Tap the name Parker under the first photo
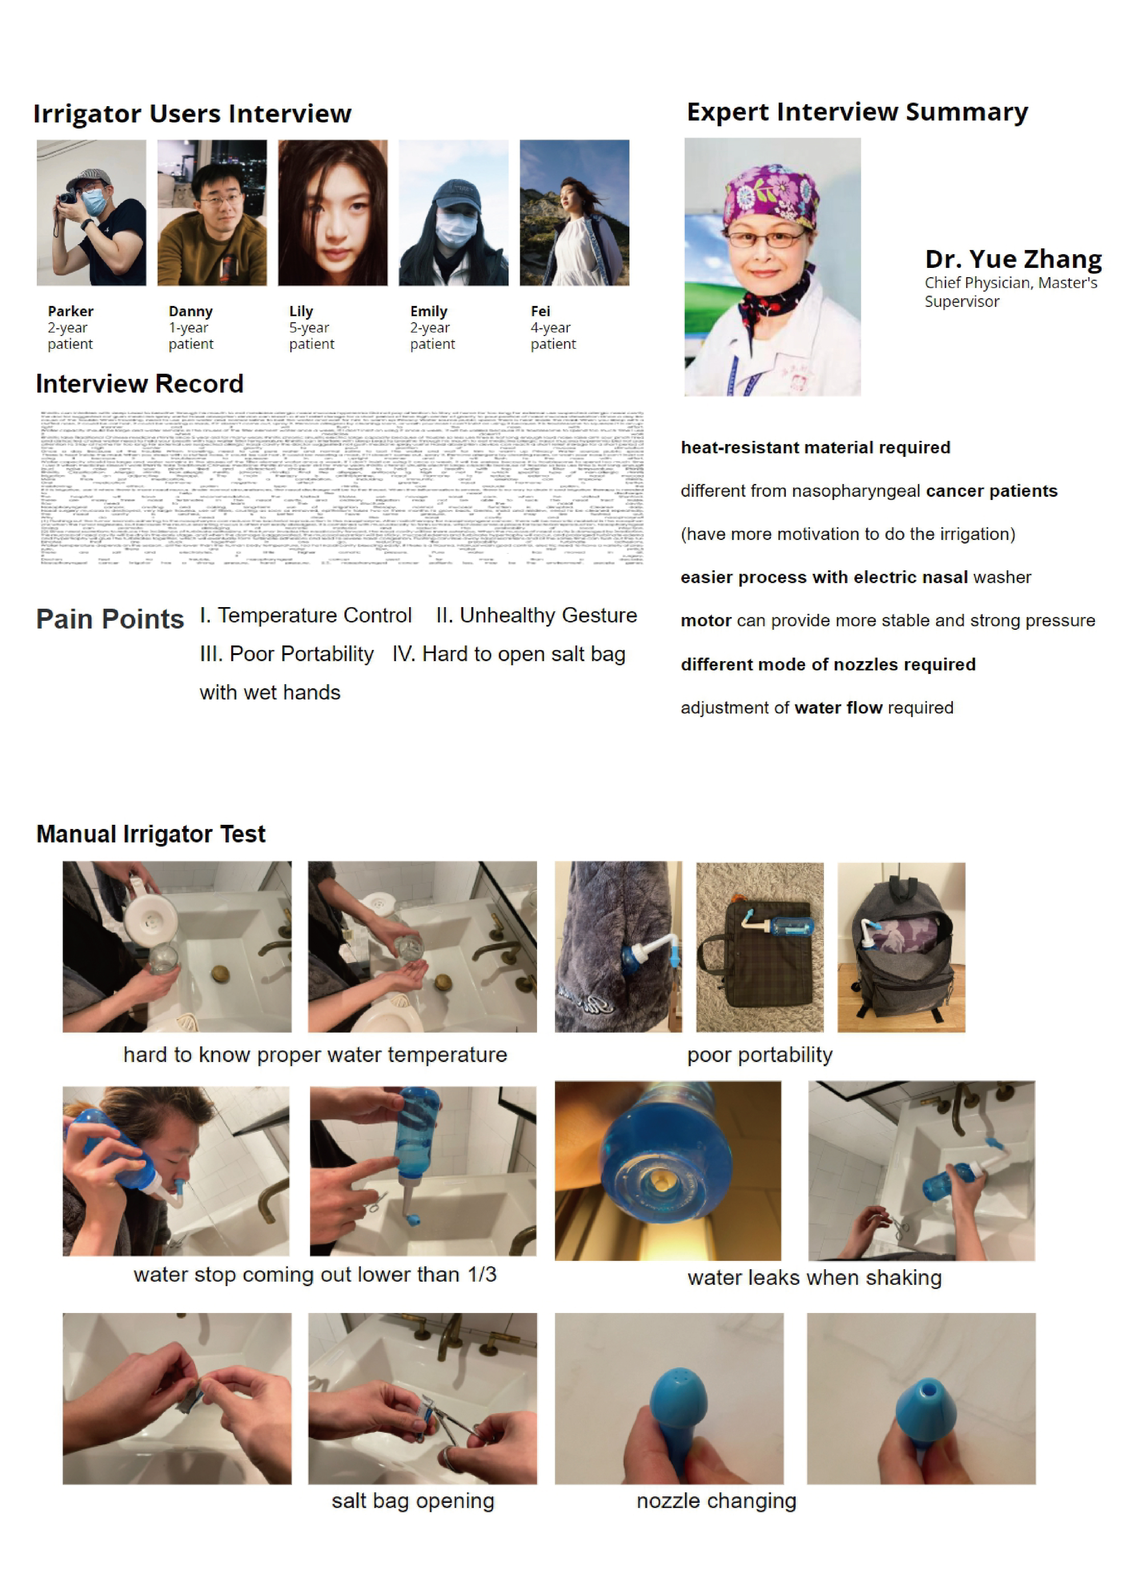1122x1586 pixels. coord(70,311)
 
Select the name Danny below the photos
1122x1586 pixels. coord(191,311)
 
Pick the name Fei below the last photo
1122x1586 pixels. coord(540,311)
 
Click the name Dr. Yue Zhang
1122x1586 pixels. coord(1013,259)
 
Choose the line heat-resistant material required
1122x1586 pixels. coord(815,448)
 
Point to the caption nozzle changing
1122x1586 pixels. coord(716,1501)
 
